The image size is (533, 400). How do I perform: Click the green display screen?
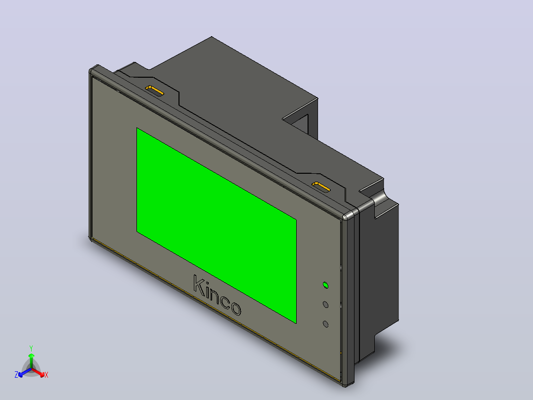(x=217, y=225)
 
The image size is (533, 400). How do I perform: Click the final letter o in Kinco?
(x=235, y=308)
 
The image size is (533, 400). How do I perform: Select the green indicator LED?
(x=326, y=285)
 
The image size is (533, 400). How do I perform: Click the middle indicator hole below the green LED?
(x=326, y=304)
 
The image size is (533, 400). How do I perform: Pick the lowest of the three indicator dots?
(x=326, y=324)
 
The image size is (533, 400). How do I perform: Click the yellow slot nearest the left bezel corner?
(x=155, y=91)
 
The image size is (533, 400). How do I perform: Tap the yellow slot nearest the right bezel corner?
(x=321, y=187)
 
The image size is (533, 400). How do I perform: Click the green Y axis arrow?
(x=31, y=361)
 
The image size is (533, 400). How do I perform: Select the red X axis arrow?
(x=38, y=372)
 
